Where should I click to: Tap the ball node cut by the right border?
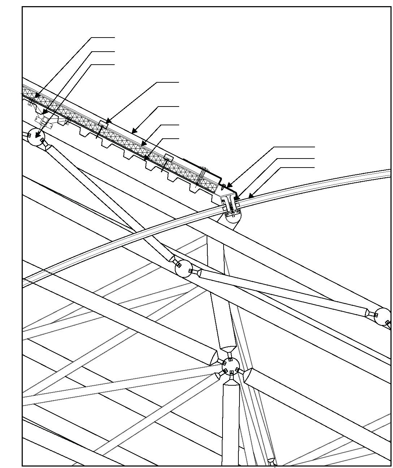click(x=383, y=316)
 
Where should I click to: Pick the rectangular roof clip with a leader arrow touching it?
click(x=103, y=124)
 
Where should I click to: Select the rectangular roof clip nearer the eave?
click(x=169, y=157)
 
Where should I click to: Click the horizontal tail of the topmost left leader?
click(x=103, y=37)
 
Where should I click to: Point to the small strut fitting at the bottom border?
click(x=272, y=461)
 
